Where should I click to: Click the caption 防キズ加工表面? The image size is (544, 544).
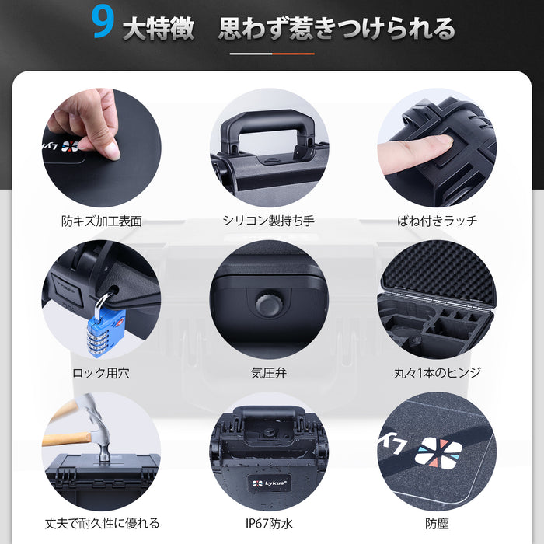coord(101,221)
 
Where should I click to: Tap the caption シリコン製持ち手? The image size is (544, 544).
coord(269,221)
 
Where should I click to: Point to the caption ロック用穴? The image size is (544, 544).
coord(101,373)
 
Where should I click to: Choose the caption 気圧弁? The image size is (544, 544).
coord(269,373)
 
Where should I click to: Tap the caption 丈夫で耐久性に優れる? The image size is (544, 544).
coord(101,523)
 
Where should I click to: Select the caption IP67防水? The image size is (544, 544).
coord(269,523)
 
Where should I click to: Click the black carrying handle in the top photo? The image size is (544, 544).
coord(269,128)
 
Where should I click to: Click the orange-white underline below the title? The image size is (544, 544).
coord(272,54)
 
